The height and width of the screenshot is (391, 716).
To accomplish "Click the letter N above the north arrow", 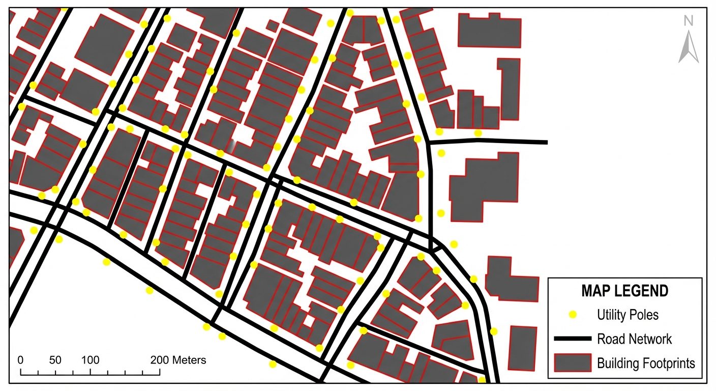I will (689, 21).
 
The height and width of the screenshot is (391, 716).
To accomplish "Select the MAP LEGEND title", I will (624, 291).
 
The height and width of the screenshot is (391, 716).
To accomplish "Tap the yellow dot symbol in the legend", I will (573, 315).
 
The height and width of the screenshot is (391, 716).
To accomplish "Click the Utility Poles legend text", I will (628, 315).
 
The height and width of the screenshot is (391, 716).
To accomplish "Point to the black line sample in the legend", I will (573, 339).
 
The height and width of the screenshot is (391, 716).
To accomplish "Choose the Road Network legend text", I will (634, 339).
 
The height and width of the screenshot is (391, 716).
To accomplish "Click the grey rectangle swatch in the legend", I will (573, 363).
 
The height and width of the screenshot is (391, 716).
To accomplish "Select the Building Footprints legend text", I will (646, 363).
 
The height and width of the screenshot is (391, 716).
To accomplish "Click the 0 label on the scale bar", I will (21, 360).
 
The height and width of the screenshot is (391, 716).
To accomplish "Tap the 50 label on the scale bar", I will (55, 360).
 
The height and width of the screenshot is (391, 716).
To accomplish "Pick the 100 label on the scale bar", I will (91, 360).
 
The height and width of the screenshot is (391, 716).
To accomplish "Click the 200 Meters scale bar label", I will (178, 360).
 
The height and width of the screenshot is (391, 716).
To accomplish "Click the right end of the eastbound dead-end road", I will (546, 142).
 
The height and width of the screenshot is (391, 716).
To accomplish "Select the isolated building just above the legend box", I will (512, 277).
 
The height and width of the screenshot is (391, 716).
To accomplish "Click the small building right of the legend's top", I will (522, 348).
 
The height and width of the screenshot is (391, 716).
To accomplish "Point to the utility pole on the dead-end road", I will (478, 133).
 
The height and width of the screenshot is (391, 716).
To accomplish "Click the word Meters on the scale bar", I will (188, 360).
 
